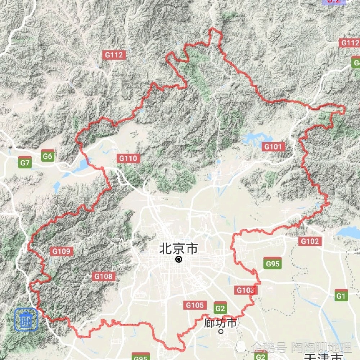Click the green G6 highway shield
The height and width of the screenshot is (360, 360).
(x=48, y=156)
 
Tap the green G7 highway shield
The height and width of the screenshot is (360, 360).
(x=25, y=163)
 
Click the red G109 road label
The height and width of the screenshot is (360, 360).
(x=62, y=251)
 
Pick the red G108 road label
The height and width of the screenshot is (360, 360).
(x=104, y=276)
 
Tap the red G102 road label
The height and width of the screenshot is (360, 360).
(x=310, y=241)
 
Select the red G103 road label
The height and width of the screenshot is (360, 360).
(x=246, y=290)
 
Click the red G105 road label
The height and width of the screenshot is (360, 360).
(x=195, y=305)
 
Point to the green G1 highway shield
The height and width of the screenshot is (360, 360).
(x=341, y=296)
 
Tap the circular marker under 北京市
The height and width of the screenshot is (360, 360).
(x=179, y=259)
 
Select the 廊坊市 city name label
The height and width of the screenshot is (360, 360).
(x=220, y=323)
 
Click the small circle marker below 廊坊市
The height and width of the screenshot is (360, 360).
(x=221, y=331)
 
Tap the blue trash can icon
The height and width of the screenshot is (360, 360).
(x=26, y=319)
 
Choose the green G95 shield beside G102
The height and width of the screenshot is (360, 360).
(x=272, y=264)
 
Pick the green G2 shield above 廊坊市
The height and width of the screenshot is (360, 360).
(x=220, y=308)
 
